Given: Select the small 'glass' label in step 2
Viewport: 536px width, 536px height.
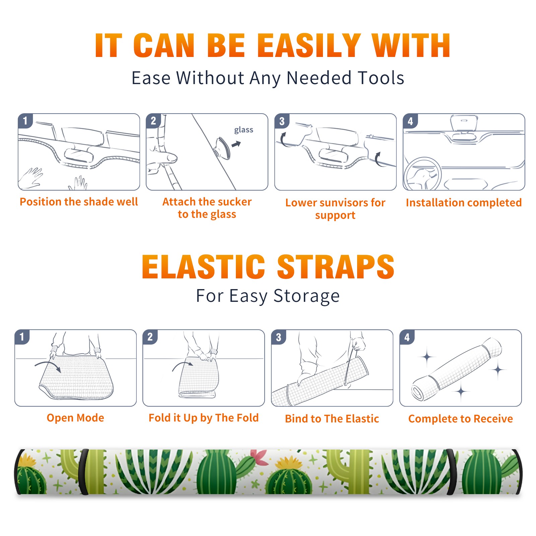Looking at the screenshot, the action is point(244,130).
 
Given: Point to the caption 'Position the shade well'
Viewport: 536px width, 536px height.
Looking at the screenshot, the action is point(79,202).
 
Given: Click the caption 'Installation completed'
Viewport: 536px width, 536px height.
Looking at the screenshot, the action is point(464,203).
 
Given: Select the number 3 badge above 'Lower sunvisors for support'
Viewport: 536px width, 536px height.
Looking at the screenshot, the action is point(282,121).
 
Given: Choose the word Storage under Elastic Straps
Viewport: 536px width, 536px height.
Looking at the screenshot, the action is point(307,296).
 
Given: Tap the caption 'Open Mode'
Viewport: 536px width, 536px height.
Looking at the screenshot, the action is point(75,418).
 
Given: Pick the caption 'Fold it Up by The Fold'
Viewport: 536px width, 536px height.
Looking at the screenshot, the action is point(204,418).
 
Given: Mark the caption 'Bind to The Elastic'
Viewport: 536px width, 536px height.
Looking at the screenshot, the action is point(332,419).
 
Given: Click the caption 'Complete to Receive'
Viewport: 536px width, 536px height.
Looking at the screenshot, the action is point(461,419).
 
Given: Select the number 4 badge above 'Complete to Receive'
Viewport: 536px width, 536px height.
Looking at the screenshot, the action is point(407,337).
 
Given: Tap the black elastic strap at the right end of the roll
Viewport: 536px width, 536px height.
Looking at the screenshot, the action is point(452,472).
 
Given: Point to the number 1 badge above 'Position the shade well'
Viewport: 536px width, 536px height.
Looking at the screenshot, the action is point(25,121).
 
